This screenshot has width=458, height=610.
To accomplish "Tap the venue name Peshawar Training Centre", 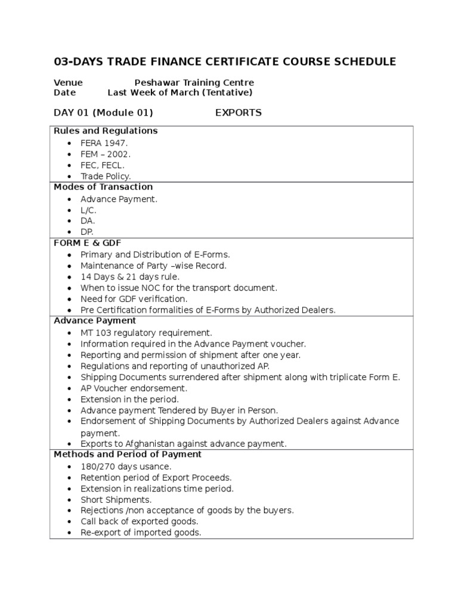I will [194, 82].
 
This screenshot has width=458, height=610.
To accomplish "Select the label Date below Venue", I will [64, 92].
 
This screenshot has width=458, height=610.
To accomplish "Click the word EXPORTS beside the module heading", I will [238, 113].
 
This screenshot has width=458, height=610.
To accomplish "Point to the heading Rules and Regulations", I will [105, 130].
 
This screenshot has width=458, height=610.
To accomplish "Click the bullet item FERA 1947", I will [104, 144].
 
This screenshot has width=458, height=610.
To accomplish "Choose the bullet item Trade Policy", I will [106, 176].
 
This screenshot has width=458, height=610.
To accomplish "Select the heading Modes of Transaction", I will [103, 186].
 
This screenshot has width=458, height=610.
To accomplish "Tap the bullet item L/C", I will [88, 210].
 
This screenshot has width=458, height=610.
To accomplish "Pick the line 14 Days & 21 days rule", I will [129, 277].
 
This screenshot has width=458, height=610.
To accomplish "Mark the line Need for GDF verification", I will [134, 298].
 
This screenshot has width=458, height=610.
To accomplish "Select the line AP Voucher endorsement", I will [134, 388].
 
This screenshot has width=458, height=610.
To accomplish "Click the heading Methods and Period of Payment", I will [128, 454].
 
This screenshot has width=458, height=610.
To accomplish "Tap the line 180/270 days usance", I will [126, 466].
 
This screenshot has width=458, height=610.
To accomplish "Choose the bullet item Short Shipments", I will [116, 500].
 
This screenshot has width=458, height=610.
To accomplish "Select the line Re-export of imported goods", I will [141, 533].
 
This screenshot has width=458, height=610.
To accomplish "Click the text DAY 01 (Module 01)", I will [103, 113].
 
